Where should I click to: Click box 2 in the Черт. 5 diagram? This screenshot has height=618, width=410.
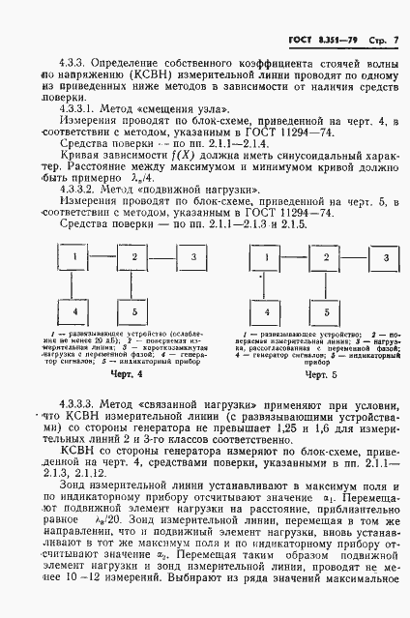[327, 259]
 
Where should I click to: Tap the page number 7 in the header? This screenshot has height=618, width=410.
[394, 38]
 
